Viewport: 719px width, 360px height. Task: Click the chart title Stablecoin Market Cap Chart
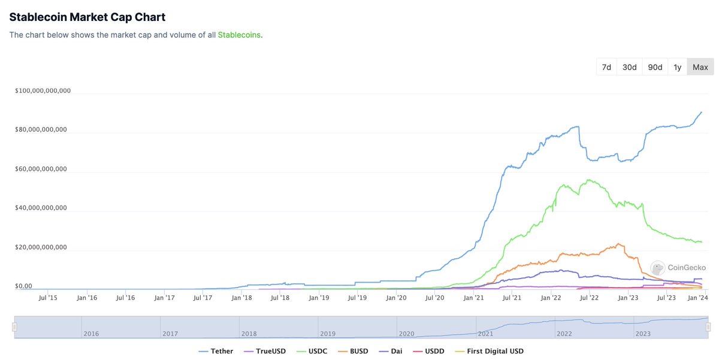(x=87, y=17)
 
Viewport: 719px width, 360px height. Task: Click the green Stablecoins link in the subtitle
(x=239, y=35)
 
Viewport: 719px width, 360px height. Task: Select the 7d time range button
(x=606, y=67)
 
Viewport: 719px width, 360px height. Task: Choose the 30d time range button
(x=629, y=67)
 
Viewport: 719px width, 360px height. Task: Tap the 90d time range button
(x=654, y=67)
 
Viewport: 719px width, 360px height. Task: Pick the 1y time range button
(x=677, y=67)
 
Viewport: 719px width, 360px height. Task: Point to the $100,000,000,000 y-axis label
(x=43, y=91)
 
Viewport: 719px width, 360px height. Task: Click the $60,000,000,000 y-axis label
(x=41, y=170)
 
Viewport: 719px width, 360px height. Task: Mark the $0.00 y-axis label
(x=24, y=286)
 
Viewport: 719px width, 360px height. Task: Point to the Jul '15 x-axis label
(x=49, y=297)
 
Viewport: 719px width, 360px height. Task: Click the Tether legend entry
(x=217, y=351)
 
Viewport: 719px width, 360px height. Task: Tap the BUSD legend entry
(x=354, y=351)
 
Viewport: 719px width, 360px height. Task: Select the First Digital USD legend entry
(x=489, y=351)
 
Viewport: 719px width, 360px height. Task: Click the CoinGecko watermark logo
(x=679, y=268)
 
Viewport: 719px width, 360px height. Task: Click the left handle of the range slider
(x=15, y=327)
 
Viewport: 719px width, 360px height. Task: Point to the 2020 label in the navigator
(x=406, y=334)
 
